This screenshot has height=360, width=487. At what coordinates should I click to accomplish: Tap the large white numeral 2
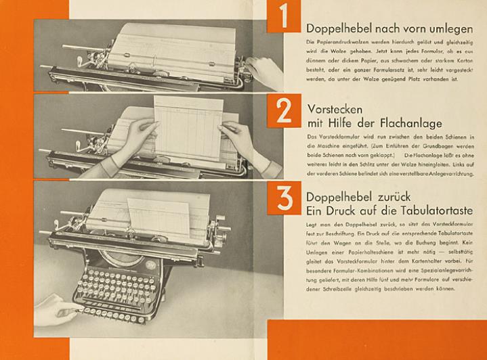tap(284, 111)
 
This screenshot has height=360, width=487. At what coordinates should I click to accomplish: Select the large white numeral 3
tap(284, 198)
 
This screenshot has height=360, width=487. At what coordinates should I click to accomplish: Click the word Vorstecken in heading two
tap(335, 109)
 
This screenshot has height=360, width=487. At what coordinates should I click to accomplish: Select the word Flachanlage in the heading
tap(411, 123)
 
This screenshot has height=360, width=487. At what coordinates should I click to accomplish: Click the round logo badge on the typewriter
tap(151, 265)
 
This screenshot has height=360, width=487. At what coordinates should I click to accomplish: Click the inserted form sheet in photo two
tap(189, 128)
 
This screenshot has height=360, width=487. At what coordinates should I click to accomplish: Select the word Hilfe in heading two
tap(341, 123)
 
